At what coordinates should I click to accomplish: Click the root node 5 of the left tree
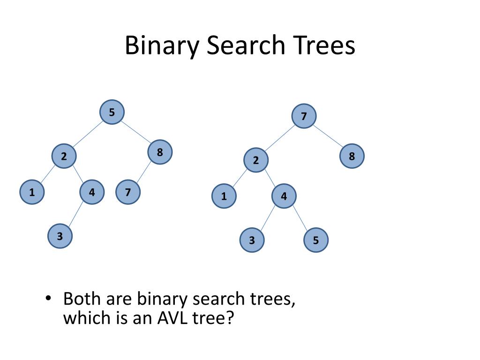tap(112, 112)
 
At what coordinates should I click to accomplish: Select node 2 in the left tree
tap(64, 157)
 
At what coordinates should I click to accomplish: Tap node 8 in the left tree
tap(160, 152)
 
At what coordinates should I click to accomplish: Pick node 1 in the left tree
tap(32, 192)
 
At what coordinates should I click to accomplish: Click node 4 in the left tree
tap(92, 192)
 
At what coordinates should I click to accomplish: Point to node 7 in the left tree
tap(128, 192)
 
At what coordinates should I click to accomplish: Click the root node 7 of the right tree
tap(304, 117)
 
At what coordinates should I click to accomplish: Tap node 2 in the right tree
tap(256, 161)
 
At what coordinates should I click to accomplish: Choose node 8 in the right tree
tap(352, 157)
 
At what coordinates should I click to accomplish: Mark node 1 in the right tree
tap(224, 196)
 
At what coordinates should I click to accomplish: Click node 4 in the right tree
tap(284, 196)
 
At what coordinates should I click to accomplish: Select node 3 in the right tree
tap(252, 241)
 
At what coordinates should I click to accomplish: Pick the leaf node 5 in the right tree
tap(316, 241)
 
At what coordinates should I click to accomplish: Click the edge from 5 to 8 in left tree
tap(136, 133)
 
